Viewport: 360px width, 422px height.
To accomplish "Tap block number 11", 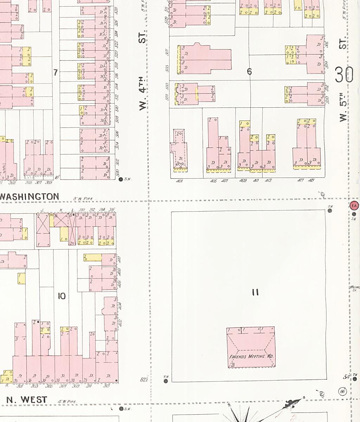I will [x=255, y=292].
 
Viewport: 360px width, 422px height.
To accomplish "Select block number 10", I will [x=62, y=296].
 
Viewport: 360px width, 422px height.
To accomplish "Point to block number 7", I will [x=55, y=72].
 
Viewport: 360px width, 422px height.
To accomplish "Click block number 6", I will [x=249, y=72].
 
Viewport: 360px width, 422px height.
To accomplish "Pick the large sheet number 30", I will [x=344, y=75].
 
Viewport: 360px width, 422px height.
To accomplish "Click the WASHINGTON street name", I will [x=30, y=197].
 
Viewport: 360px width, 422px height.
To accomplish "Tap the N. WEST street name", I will [x=27, y=399].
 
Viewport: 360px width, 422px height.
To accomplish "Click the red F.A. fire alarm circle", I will [x=354, y=205].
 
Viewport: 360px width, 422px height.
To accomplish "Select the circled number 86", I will [x=342, y=391].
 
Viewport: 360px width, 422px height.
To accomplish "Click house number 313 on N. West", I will [x=107, y=386].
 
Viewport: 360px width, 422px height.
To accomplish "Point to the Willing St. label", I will [x=354, y=288].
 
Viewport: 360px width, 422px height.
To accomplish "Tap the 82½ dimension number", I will [x=143, y=379].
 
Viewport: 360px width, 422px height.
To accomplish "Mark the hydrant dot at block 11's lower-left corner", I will [x=166, y=381].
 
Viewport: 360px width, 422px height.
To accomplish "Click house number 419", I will [x=311, y=180].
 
